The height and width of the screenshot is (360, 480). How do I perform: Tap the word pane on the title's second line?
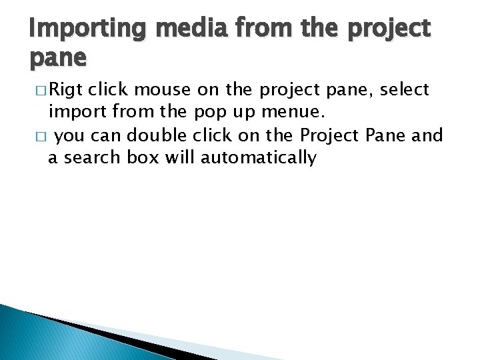(58, 59)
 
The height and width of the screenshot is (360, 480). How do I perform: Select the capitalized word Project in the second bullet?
(330, 135)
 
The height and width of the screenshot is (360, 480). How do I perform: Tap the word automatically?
(259, 158)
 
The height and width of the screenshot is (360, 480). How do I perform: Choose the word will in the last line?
(179, 158)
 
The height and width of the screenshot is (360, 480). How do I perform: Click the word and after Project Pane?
(427, 135)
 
